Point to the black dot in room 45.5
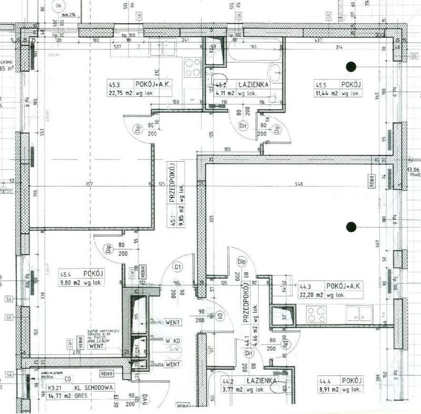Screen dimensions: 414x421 (350, 66)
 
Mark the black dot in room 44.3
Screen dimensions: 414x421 (350, 226)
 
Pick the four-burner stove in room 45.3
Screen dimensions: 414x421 (192, 67)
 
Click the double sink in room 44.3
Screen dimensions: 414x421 (359, 314)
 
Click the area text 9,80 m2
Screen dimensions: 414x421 (69, 282)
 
